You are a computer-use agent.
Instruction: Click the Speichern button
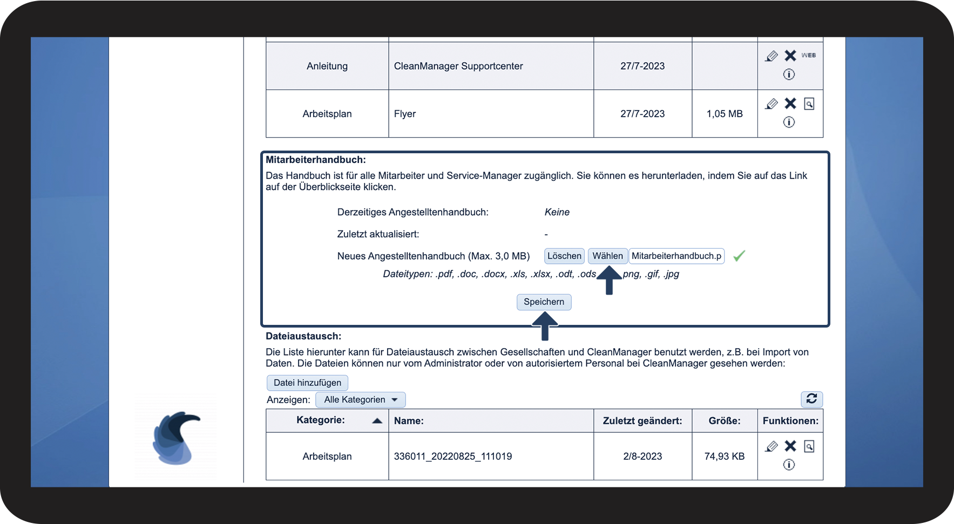tap(544, 302)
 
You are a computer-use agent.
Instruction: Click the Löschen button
tap(564, 256)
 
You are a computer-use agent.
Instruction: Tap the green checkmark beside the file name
tap(739, 256)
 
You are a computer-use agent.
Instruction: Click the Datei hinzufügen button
tap(307, 383)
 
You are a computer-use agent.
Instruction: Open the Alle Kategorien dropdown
tap(361, 399)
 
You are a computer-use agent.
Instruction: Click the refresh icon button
tap(811, 399)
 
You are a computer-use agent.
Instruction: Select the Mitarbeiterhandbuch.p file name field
tap(676, 256)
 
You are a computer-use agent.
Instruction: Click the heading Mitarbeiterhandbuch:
tap(316, 160)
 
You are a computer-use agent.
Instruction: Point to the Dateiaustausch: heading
tap(303, 336)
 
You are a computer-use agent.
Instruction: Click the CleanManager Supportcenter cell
tap(458, 66)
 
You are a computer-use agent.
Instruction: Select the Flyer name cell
tap(405, 114)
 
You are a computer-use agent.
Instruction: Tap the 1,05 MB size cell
tap(725, 114)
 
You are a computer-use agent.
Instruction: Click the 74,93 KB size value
tap(725, 456)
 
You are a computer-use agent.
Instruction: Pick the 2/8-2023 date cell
tap(642, 456)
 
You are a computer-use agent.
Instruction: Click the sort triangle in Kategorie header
tap(377, 421)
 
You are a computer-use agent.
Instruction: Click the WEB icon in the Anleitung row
tap(808, 55)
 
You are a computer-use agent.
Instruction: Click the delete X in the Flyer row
tap(790, 103)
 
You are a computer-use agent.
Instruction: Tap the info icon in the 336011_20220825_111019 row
tap(789, 465)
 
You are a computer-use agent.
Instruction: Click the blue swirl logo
tap(176, 438)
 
